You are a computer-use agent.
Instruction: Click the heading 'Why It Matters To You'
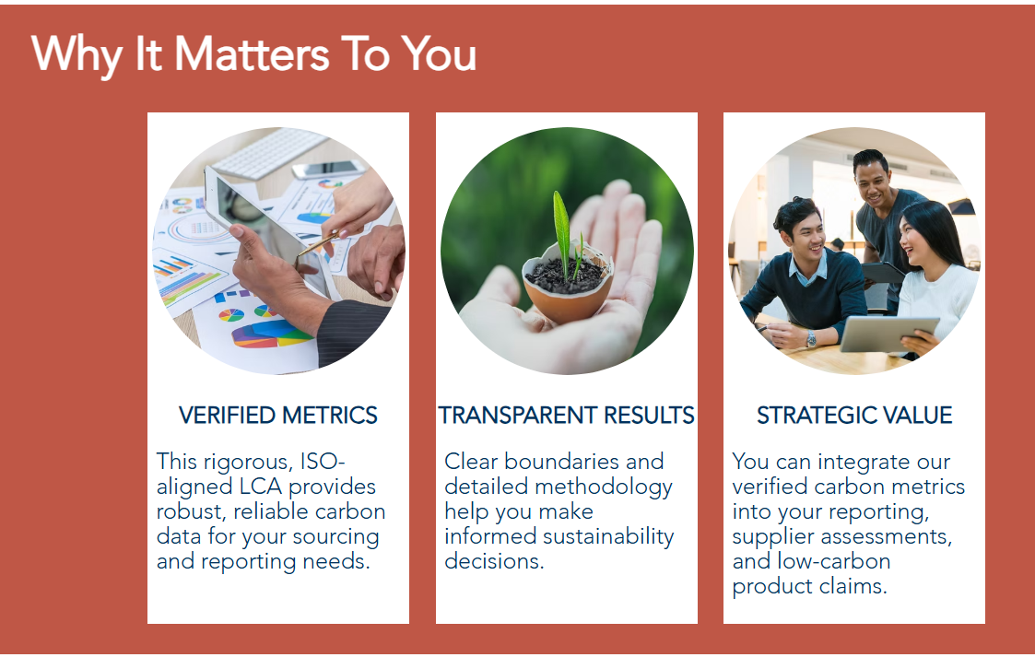tap(253, 54)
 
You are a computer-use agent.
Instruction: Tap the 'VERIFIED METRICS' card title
tap(278, 415)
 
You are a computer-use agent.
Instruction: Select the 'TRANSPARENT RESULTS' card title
tap(566, 415)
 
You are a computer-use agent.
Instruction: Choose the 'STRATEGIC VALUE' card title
tap(854, 415)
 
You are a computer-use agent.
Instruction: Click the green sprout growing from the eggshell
tap(562, 231)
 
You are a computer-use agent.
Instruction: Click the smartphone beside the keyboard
tap(328, 170)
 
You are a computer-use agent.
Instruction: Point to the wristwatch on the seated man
tap(810, 339)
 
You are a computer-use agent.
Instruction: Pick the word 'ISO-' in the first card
tap(323, 461)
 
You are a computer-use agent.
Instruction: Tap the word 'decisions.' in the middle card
tap(494, 561)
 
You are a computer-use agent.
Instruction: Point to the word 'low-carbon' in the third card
tap(834, 561)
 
